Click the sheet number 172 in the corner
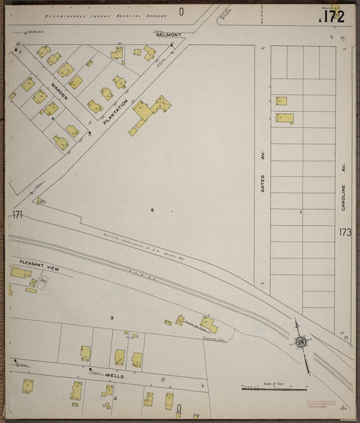333,17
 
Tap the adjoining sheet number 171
18,215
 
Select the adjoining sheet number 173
345,233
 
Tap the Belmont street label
168,34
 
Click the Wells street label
113,376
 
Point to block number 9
152,210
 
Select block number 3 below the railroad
112,317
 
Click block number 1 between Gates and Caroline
301,213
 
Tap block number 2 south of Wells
115,399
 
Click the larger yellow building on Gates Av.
284,118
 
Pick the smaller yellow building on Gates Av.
281,101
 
